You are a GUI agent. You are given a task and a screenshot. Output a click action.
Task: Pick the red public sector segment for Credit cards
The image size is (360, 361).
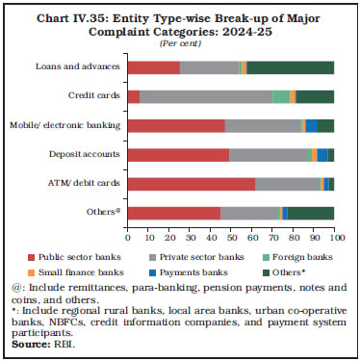click(x=133, y=96)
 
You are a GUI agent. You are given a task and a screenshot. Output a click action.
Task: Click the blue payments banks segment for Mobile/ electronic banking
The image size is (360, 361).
click(x=311, y=125)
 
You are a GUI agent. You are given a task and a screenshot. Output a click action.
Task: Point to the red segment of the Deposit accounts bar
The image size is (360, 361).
click(x=178, y=154)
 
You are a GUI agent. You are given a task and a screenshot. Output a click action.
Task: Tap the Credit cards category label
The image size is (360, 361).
click(x=95, y=96)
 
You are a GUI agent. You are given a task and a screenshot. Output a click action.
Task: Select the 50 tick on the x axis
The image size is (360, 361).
click(x=231, y=236)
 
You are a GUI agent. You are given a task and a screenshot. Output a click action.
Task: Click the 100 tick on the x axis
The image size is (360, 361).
click(x=335, y=236)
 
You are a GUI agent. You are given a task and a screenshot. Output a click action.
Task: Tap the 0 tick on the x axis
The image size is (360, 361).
click(x=127, y=236)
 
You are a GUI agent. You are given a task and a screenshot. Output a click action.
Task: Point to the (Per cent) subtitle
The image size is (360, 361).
click(x=179, y=43)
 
